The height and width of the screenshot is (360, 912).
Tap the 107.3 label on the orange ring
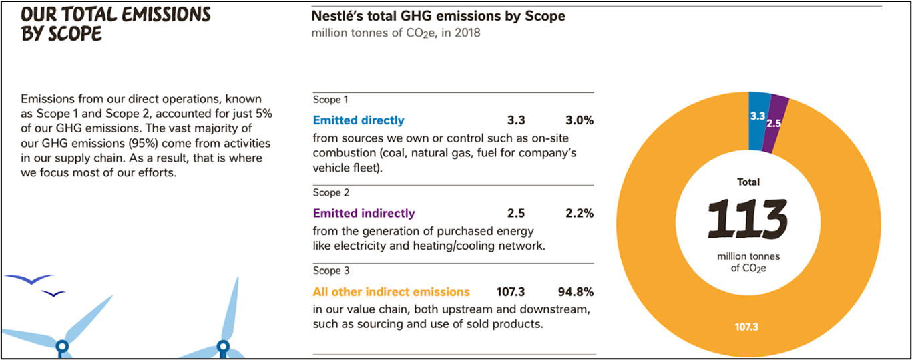click(x=746, y=327)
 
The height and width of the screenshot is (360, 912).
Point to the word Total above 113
click(x=748, y=182)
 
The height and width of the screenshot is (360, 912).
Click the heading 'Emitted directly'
click(x=359, y=120)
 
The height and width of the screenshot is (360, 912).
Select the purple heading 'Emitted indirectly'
click(x=364, y=214)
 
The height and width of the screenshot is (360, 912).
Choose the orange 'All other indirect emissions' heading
click(x=391, y=292)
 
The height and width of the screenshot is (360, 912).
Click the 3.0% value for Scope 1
click(x=579, y=120)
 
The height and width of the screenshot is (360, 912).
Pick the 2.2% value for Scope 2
click(x=579, y=214)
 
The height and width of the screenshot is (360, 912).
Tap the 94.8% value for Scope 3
click(x=576, y=292)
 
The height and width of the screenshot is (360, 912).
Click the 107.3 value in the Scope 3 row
click(x=511, y=292)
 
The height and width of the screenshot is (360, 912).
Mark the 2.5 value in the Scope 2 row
click(x=516, y=214)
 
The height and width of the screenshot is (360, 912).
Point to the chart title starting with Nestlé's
click(x=438, y=16)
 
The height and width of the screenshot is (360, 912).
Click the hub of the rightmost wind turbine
click(x=223, y=347)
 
